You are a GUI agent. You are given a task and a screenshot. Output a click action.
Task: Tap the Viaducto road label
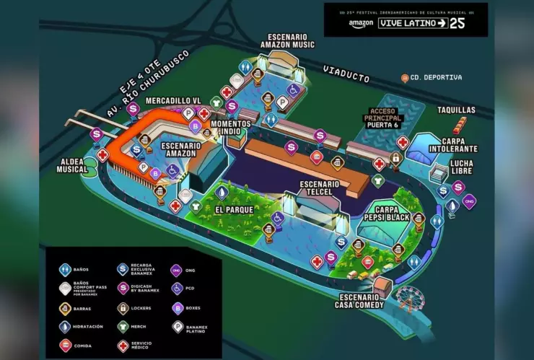[346, 73]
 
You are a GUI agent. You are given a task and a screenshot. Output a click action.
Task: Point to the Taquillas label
[456, 110]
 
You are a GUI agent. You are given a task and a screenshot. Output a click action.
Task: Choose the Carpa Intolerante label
[459, 144]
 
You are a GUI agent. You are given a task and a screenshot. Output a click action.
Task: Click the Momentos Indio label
[231, 128]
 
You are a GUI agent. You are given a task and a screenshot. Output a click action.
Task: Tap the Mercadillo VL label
[173, 100]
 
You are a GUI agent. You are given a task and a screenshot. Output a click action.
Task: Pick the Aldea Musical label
[72, 164]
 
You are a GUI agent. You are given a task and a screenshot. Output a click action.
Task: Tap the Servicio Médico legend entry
[140, 346]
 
